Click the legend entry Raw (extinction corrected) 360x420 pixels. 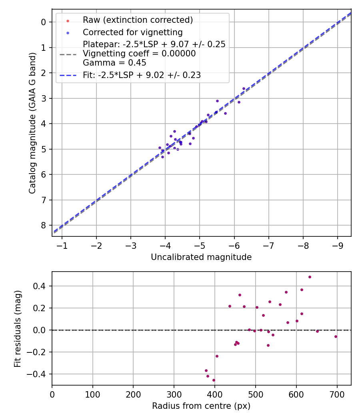138,20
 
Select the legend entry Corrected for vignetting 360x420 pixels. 132,32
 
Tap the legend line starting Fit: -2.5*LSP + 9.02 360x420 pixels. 142,75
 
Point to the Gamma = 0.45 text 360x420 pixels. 114,63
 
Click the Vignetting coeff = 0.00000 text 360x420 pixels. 139,54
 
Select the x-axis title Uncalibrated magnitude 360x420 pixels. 201,257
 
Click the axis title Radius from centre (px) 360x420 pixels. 201,406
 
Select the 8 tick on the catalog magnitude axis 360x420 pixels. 44,225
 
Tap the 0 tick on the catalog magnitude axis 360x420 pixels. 44,22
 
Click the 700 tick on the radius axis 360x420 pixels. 337,394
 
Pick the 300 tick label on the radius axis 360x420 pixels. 174,394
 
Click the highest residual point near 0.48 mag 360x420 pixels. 310,277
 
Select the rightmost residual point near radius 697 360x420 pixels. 336,336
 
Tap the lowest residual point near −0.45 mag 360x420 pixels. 214,380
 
